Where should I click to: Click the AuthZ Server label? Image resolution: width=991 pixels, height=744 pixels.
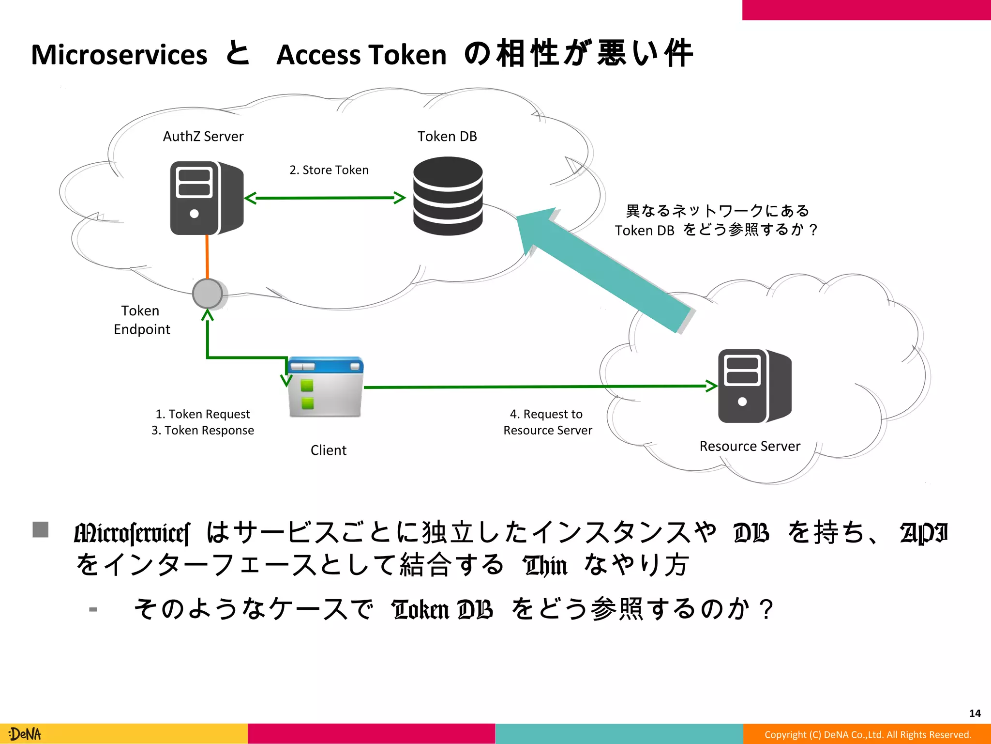203,137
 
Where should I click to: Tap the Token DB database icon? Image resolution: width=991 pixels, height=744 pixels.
448,196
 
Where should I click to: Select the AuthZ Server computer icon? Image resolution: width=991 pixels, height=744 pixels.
207,198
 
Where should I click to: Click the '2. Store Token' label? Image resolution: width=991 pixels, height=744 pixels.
329,170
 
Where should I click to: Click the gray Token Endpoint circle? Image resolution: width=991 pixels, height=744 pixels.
208,294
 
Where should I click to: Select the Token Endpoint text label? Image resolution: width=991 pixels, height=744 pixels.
141,320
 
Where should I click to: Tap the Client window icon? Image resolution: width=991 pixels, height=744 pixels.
325,387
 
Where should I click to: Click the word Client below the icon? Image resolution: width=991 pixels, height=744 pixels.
329,450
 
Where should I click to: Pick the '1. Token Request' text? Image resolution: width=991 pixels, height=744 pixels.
203,414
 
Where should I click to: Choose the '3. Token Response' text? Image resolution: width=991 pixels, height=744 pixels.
203,431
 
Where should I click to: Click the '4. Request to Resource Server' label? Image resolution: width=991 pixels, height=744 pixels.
547,422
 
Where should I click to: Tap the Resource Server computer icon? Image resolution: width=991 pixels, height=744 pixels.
754,386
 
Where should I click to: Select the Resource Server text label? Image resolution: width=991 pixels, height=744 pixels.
750,446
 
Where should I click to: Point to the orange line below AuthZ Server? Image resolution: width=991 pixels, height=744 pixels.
207,257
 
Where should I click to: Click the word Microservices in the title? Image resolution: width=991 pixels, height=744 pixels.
119,54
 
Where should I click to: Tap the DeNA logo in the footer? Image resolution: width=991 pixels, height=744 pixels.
25,734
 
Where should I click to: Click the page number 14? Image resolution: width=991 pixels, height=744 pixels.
975,713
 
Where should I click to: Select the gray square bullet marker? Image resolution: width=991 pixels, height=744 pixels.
41,529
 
